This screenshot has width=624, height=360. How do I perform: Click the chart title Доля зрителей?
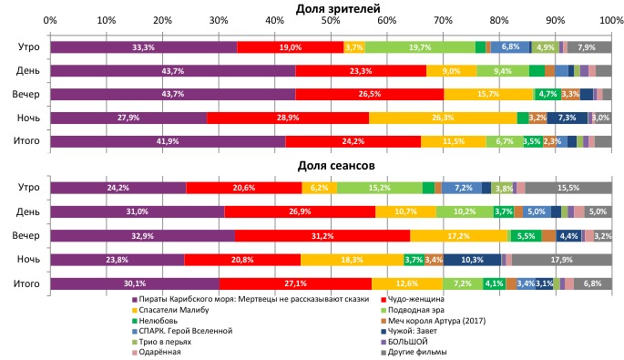[332, 8]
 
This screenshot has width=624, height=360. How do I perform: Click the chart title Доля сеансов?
[332, 167]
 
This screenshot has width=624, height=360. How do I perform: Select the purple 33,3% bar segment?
[143, 46]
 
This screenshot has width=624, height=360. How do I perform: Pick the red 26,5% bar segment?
[369, 94]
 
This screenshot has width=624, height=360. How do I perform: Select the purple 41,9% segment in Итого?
[168, 141]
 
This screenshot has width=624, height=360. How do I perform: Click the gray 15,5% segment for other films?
[568, 188]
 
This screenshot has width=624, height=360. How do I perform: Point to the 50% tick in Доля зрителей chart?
[331, 20]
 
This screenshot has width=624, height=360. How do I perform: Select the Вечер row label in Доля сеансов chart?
[26, 235]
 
